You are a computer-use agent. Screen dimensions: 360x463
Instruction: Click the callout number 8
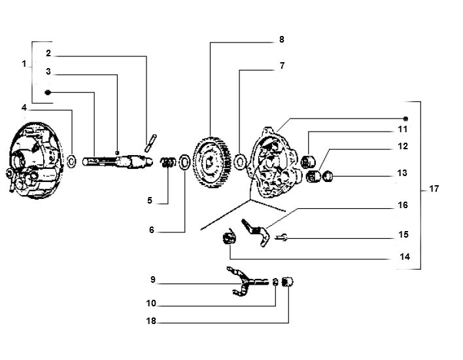click(281, 40)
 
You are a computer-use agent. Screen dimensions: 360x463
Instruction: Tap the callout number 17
click(434, 189)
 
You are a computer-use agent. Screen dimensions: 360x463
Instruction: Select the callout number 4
click(24, 107)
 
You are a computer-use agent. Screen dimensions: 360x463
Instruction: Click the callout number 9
click(152, 279)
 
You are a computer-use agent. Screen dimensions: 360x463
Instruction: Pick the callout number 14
click(404, 257)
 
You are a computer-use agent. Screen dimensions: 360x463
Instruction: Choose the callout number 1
click(24, 64)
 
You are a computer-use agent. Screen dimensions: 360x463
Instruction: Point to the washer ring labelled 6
click(184, 161)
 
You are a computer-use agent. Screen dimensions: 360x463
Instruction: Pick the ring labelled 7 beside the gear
click(240, 160)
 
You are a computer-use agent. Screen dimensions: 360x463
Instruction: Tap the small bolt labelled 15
click(281, 238)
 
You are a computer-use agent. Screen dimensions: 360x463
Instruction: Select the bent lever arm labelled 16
click(256, 232)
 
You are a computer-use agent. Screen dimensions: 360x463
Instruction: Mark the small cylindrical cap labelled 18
click(290, 281)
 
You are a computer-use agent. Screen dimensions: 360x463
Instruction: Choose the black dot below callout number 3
click(48, 92)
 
